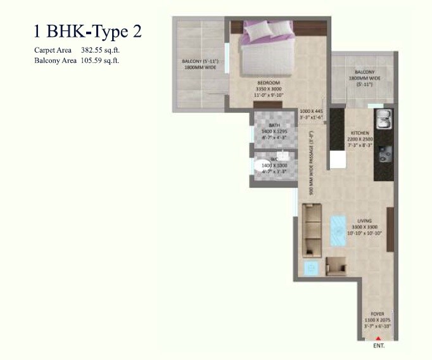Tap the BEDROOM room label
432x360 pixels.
click(269, 82)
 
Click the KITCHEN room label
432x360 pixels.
click(360, 133)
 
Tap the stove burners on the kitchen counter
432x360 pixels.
click(383, 153)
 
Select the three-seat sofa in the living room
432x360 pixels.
click(312, 228)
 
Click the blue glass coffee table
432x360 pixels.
click(337, 229)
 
